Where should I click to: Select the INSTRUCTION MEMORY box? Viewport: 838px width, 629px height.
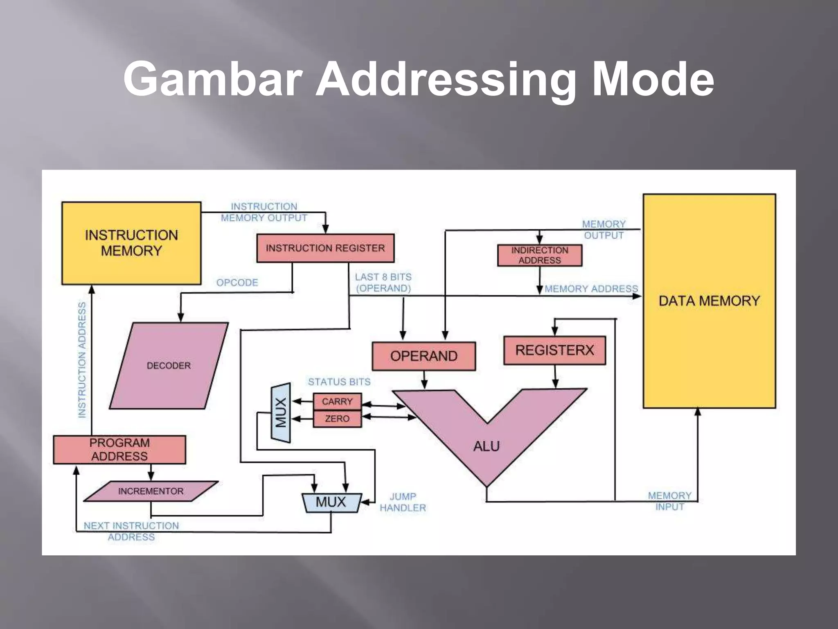pyautogui.click(x=131, y=243)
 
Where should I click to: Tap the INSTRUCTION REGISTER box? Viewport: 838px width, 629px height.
pyautogui.click(x=325, y=248)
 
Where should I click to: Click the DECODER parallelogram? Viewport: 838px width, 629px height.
pyautogui.click(x=169, y=365)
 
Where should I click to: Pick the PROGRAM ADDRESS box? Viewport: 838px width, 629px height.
pyautogui.click(x=119, y=450)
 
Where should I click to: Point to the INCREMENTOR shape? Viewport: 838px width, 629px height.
pyautogui.click(x=151, y=491)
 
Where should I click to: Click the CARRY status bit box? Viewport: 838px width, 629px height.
pyautogui.click(x=337, y=401)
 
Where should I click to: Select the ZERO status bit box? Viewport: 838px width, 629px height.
pyautogui.click(x=337, y=419)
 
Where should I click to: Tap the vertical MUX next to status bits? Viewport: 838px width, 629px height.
pyautogui.click(x=281, y=413)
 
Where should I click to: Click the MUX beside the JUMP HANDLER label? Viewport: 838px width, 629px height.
pyautogui.click(x=331, y=502)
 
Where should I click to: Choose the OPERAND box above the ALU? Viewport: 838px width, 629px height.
pyautogui.click(x=424, y=356)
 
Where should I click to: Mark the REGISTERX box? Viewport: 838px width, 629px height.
pyautogui.click(x=554, y=351)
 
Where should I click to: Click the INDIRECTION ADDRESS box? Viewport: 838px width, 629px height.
pyautogui.click(x=539, y=256)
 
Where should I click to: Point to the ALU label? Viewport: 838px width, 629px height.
pyautogui.click(x=487, y=446)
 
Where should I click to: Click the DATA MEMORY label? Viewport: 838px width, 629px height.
pyautogui.click(x=709, y=301)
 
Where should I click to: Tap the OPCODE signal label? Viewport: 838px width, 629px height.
pyautogui.click(x=237, y=283)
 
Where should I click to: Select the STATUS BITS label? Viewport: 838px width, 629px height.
pyautogui.click(x=339, y=382)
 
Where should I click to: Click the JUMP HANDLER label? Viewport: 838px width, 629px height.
pyautogui.click(x=403, y=502)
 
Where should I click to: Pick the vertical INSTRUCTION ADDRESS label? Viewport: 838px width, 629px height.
pyautogui.click(x=82, y=360)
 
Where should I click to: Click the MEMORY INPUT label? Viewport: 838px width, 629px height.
pyautogui.click(x=669, y=501)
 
